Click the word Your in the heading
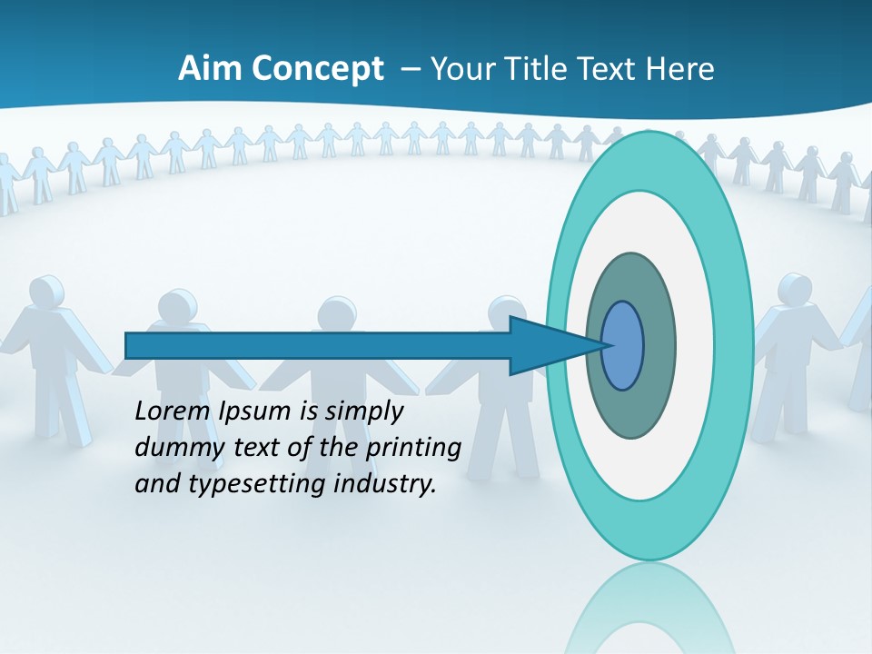tap(463, 69)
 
